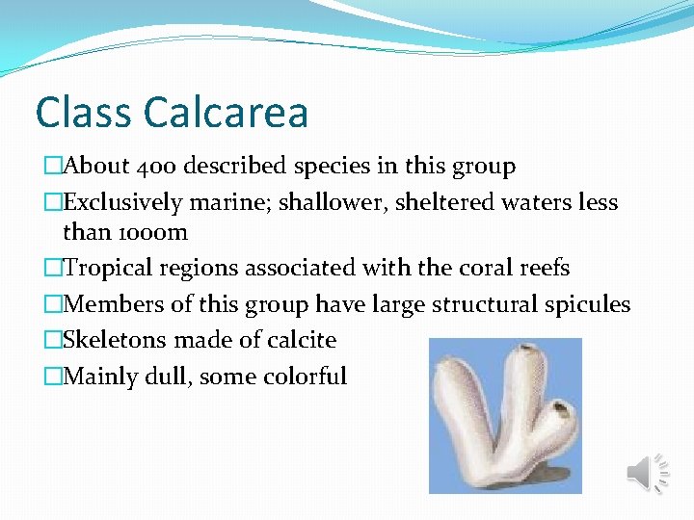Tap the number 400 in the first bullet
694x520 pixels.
click(152, 167)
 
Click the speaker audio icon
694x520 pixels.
click(647, 473)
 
